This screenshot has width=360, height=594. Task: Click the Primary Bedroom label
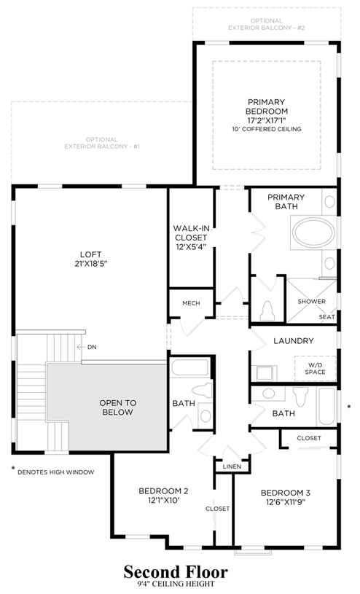[x=267, y=106]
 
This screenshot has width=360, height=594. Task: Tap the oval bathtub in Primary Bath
[x=314, y=232]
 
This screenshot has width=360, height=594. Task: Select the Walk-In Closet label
[x=191, y=233]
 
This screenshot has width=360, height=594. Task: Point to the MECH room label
[x=191, y=303]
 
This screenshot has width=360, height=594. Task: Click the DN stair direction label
[x=92, y=347]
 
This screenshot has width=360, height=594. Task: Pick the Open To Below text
[x=118, y=407]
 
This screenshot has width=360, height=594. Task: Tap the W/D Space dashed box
[x=315, y=368]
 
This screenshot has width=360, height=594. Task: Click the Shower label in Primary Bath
[x=311, y=302]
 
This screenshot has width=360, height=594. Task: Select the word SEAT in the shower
[x=326, y=317]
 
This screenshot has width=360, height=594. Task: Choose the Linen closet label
[x=232, y=466]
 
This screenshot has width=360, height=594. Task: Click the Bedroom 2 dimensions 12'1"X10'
[x=163, y=501]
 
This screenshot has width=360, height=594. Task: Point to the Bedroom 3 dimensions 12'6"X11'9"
[x=286, y=502]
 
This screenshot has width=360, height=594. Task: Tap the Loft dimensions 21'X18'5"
[x=91, y=263]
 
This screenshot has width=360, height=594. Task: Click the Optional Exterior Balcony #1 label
[x=102, y=143]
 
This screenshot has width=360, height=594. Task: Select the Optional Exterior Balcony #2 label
[x=267, y=24]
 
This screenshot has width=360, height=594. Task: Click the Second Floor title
[x=176, y=571]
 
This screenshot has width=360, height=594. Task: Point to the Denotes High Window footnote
[x=53, y=472]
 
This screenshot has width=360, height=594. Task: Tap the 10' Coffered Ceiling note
[x=267, y=129]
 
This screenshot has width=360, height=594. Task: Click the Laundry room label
[x=294, y=340]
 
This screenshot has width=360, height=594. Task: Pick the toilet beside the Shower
[x=268, y=311]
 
